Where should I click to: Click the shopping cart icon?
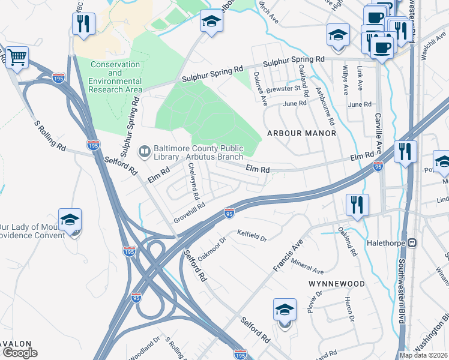pyautogui.click(x=17, y=58)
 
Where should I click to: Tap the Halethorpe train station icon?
pyautogui.click(x=412, y=243)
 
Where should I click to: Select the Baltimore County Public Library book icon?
pyautogui.click(x=145, y=151)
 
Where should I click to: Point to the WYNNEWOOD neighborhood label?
pyautogui.click(x=336, y=283)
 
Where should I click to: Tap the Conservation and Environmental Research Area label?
pyautogui.click(x=116, y=77)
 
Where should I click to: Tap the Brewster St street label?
pyautogui.click(x=283, y=89)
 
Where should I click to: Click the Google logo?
pyautogui.click(x=20, y=352)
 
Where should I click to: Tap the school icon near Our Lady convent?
pyautogui.click(x=70, y=220)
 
